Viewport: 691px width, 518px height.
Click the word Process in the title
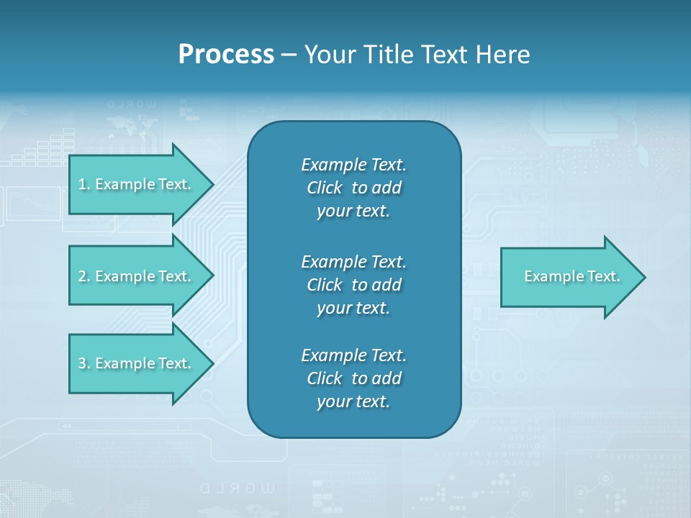[x=226, y=55]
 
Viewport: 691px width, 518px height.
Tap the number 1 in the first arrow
[x=82, y=185]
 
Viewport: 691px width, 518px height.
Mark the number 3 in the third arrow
[x=82, y=364]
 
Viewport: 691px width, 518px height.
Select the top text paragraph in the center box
[x=353, y=188]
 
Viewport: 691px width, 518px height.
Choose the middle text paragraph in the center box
[x=353, y=284]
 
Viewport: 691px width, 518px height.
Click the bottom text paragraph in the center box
[x=353, y=378]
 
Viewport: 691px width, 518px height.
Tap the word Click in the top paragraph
[x=325, y=188]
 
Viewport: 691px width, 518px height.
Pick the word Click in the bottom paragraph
[x=325, y=378]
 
